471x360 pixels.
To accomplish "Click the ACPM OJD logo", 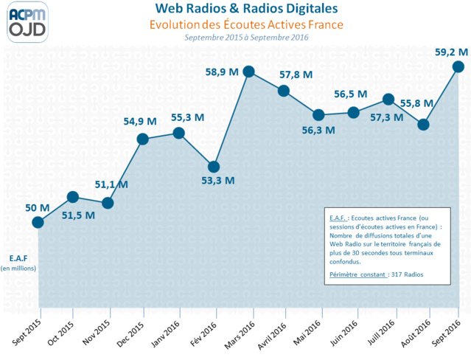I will (x=28, y=21).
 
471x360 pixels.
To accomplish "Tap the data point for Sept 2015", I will (x=38, y=222).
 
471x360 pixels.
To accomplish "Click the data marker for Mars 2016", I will (x=248, y=72).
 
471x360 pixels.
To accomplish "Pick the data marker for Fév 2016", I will (x=214, y=167).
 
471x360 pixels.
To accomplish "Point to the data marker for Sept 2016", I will (x=458, y=66).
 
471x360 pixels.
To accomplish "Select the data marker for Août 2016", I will (x=423, y=125).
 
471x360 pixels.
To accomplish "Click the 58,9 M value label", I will (x=221, y=72).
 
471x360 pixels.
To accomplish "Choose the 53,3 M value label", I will (x=218, y=180).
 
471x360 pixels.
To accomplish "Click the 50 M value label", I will (x=37, y=208).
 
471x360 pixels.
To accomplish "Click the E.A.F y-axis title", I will (x=18, y=258).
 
